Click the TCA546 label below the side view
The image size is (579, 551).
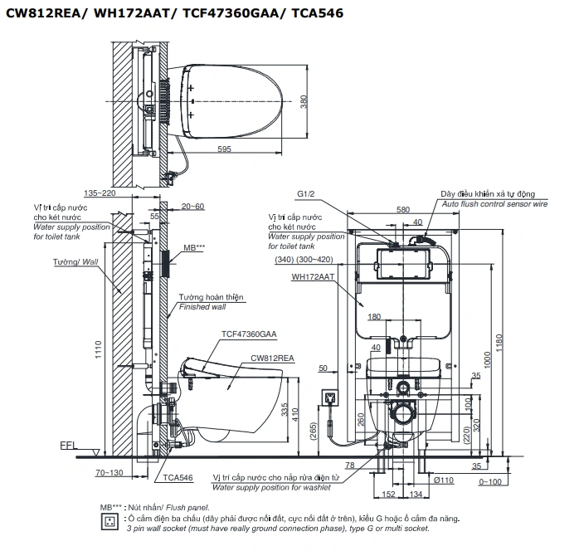coord(178,478)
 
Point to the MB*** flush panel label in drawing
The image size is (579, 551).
coord(190,248)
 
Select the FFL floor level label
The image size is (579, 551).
coord(69,446)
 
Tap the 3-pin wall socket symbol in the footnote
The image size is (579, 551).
coord(107,521)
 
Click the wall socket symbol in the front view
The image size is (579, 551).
coord(332,397)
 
